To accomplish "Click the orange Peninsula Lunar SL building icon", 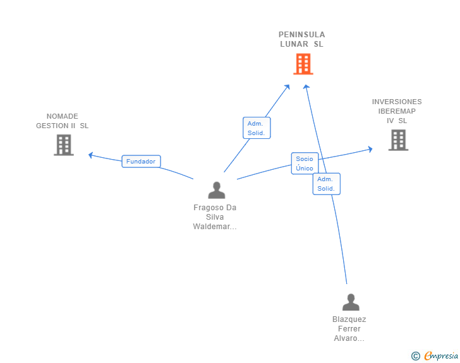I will [x=303, y=64].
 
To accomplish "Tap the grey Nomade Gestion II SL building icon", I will [x=63, y=145].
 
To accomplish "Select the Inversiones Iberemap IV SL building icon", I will [x=398, y=140].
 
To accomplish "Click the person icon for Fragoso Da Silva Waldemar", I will [x=217, y=190].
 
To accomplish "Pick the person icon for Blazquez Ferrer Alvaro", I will [x=351, y=302].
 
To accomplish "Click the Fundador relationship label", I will [x=141, y=162].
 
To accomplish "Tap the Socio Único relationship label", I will [x=305, y=164].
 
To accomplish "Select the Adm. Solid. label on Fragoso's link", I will [x=257, y=128].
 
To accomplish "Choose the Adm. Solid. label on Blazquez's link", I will [x=326, y=184].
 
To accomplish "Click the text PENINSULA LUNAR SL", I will [x=302, y=39].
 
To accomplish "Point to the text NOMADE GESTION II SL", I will [x=63, y=121].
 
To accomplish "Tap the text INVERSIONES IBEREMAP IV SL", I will [x=397, y=111].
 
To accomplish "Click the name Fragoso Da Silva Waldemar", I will [x=215, y=217].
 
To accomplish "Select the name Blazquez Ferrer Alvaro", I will [x=349, y=329].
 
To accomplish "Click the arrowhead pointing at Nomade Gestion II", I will [x=91, y=155].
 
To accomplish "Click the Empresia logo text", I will [x=441, y=356].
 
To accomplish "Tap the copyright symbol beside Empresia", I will [x=415, y=356].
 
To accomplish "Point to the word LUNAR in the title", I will [x=294, y=44].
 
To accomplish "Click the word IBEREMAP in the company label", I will [x=397, y=111].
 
